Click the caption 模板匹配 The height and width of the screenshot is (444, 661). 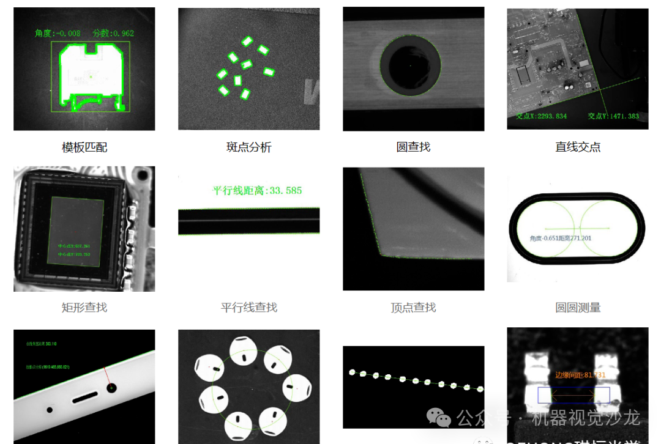pos(84,147)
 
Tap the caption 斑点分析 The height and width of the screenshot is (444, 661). pos(248,147)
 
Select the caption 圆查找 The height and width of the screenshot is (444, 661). pos(413,147)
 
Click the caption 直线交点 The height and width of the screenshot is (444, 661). pos(578,147)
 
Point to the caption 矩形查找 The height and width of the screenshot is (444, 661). pos(84,308)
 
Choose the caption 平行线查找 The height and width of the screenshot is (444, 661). pos(248,308)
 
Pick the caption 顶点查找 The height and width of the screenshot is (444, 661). pos(413,308)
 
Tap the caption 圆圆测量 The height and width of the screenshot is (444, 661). pos(578,308)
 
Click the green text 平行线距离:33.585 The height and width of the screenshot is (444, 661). pos(257,191)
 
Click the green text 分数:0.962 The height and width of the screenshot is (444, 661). pos(113,34)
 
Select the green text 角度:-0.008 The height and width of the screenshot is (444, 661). pos(58,34)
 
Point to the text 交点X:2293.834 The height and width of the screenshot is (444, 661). pos(541,116)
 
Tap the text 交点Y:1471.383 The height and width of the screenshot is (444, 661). pos(613,116)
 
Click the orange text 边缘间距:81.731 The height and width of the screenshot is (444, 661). pos(580,375)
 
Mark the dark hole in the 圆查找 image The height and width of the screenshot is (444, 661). pos(410,65)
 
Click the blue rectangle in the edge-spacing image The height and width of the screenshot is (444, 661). pos(573,395)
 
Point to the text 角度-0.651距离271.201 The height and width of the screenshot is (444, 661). pos(561,238)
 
